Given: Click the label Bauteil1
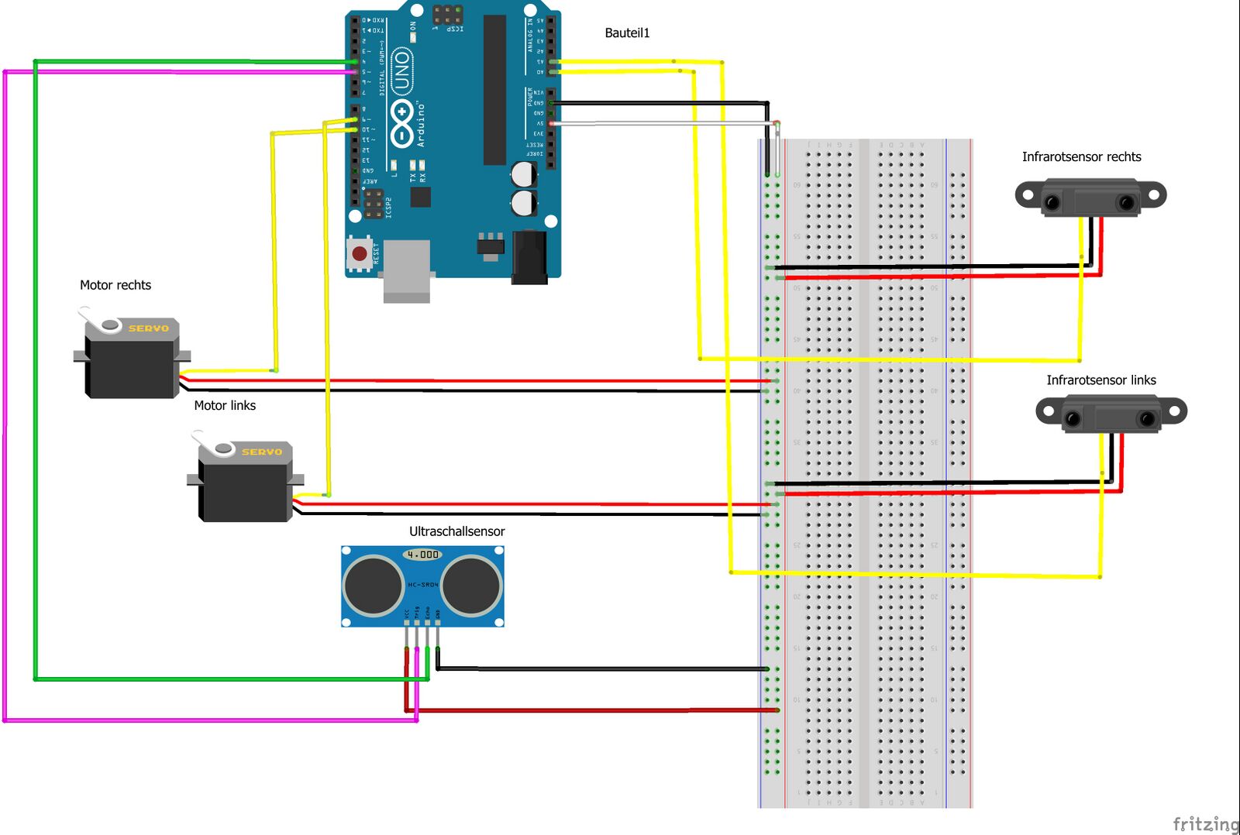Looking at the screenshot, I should click(x=627, y=33).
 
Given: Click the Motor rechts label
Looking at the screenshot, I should click(x=115, y=285).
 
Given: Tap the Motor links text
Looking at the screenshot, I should click(x=225, y=405).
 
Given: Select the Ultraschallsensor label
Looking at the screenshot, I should click(x=456, y=531).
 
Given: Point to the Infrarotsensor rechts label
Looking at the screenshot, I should click(x=1081, y=156).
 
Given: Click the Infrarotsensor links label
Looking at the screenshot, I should click(x=1100, y=380).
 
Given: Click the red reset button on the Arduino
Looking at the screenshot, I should click(x=360, y=253).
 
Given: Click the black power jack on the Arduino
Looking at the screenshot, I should click(x=529, y=258).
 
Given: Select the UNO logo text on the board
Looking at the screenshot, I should click(x=401, y=71).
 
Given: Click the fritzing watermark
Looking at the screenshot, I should click(x=1205, y=823).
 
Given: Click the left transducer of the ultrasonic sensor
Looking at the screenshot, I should click(x=373, y=585).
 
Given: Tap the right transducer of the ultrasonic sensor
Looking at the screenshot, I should click(x=472, y=585).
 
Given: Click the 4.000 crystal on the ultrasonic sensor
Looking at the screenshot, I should click(x=422, y=555).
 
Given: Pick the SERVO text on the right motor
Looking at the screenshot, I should click(x=149, y=328).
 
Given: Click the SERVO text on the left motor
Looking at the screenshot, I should click(x=262, y=452).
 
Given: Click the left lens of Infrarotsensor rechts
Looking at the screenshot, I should click(x=1052, y=203).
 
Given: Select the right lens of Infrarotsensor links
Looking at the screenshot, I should click(x=1147, y=419).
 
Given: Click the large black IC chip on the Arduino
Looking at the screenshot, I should click(x=494, y=89).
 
